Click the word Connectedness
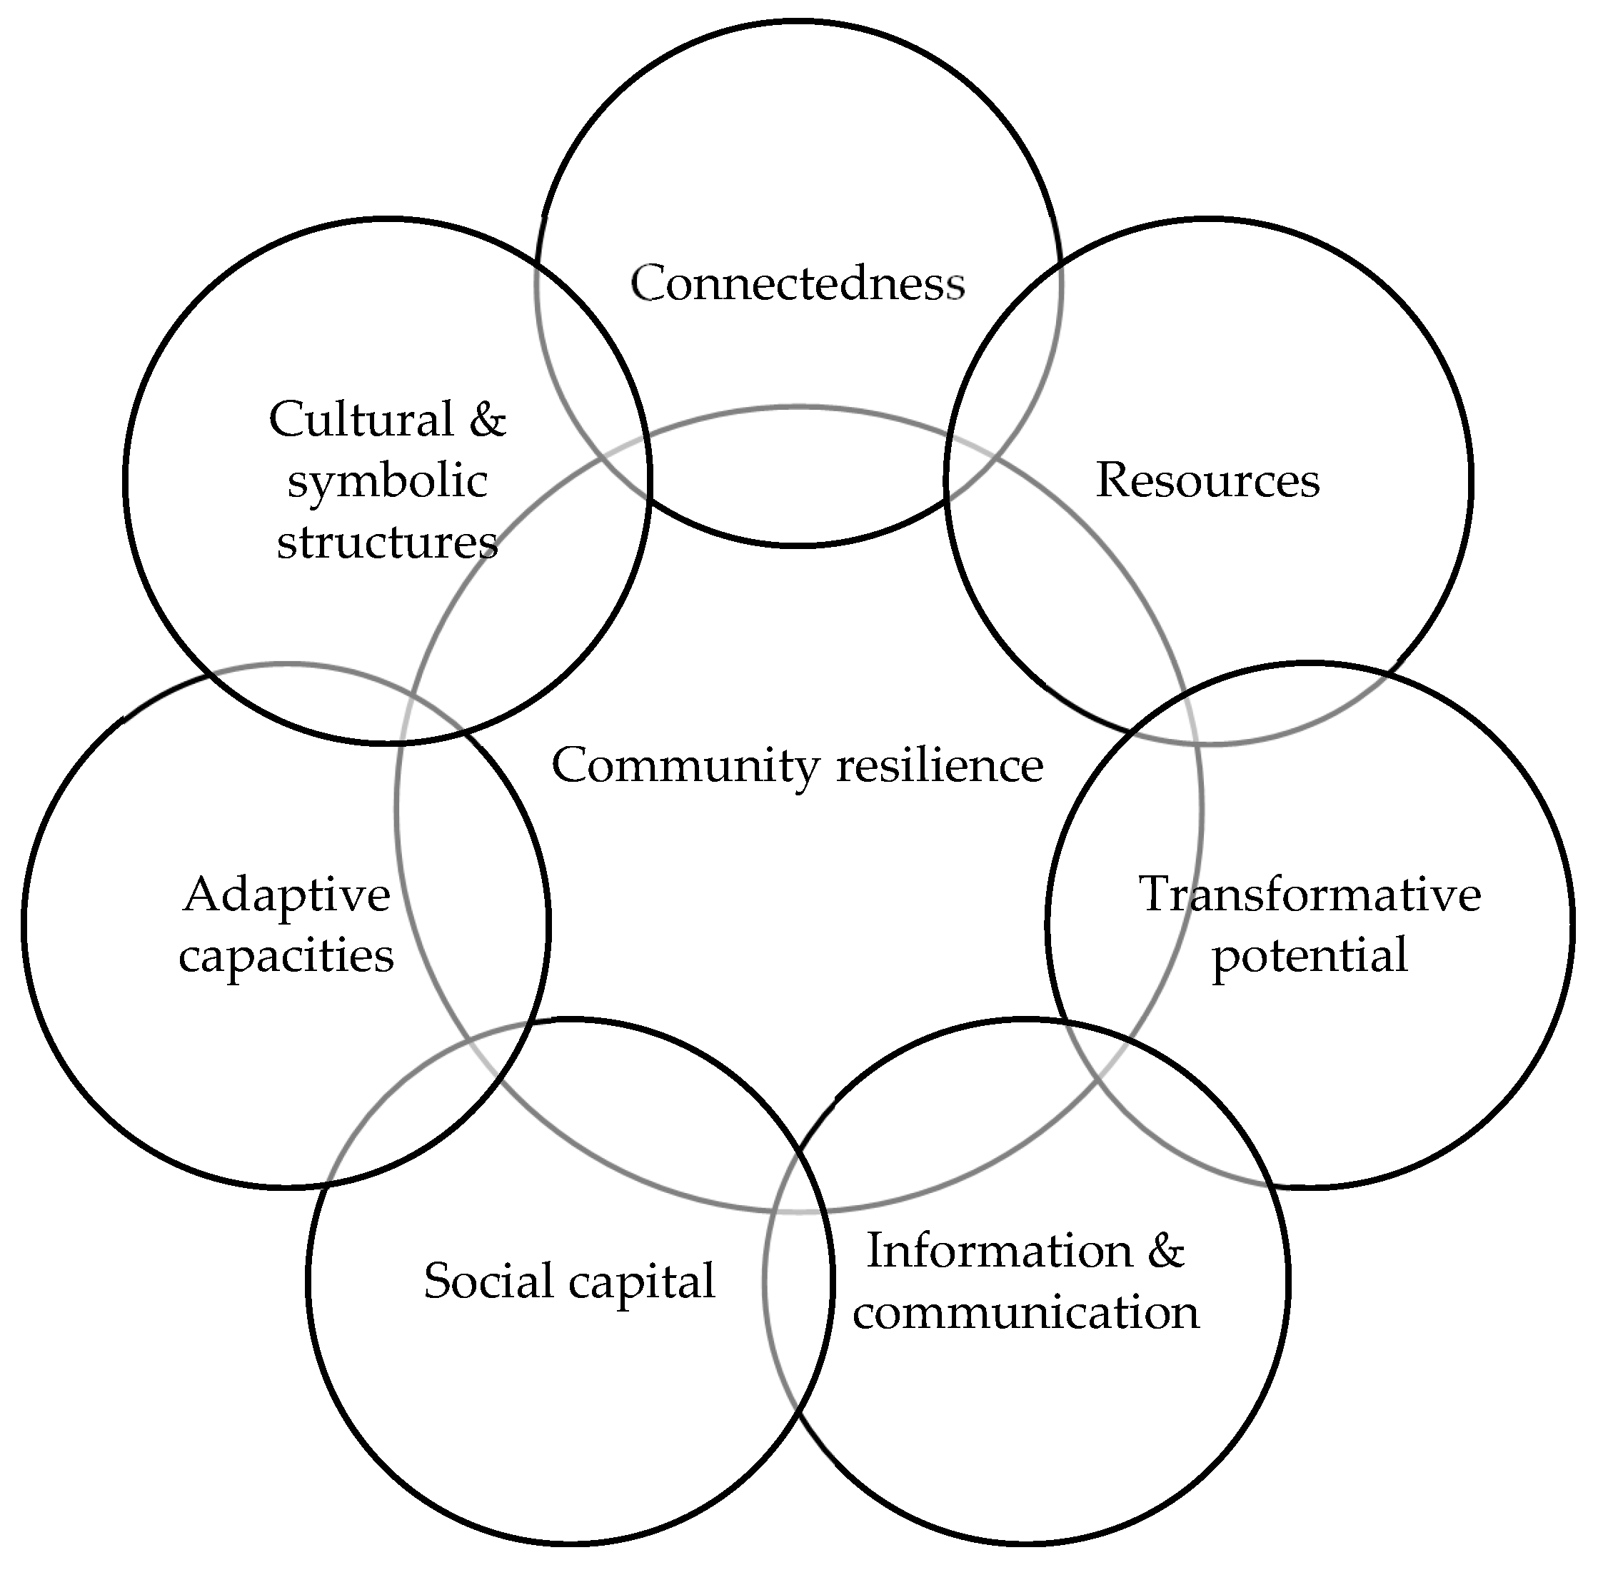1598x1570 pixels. pos(798,284)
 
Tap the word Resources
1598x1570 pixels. pos(1207,480)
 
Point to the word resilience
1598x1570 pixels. pos(940,765)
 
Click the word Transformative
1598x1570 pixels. pos(1310,895)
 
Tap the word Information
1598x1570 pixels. pos(1000,1251)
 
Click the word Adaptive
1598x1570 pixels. pos(286,895)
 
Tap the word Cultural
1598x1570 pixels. pos(361,420)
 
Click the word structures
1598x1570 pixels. pos(387,543)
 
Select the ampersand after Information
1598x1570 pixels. pos(1165,1251)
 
